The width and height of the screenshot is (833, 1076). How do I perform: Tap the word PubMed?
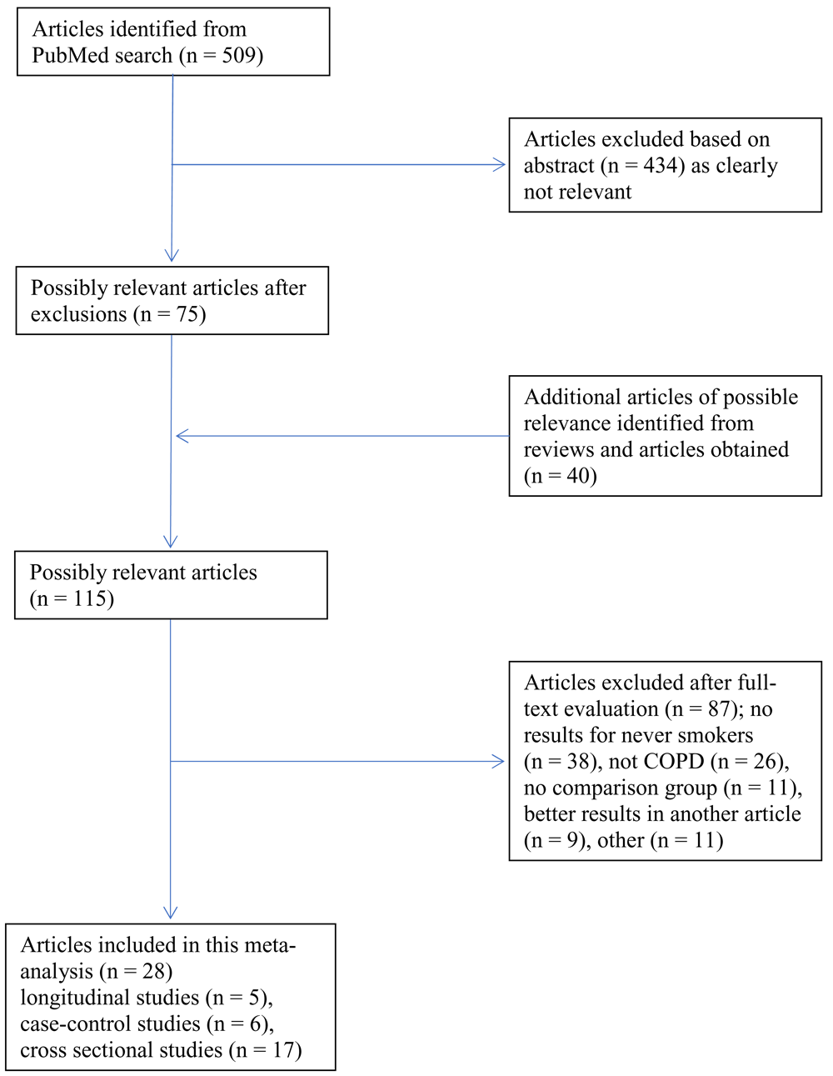click(63, 56)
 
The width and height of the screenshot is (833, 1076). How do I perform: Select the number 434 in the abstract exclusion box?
click(661, 165)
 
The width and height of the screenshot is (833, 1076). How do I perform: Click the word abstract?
click(558, 165)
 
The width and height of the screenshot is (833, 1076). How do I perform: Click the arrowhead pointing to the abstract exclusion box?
click(499, 165)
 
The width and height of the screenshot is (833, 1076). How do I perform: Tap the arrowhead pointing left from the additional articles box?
click(182, 436)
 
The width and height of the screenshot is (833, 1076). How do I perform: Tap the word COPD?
click(673, 762)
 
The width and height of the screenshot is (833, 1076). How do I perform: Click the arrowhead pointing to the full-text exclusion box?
click(498, 762)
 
